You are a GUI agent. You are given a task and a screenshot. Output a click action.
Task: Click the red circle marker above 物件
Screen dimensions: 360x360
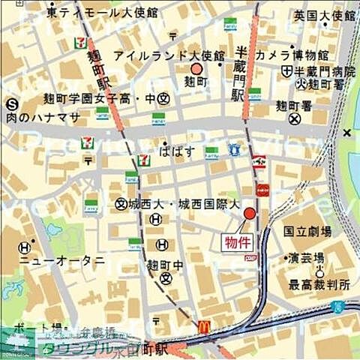249,215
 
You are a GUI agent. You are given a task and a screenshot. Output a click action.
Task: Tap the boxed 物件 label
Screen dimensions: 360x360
235,241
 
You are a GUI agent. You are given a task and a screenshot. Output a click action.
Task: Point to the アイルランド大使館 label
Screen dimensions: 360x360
168,56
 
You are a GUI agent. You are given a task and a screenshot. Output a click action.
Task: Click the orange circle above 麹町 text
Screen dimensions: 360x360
196,69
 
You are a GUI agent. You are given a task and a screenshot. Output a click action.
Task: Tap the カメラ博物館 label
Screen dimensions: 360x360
292,55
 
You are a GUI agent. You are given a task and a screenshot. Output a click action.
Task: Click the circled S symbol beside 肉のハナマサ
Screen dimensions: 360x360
11,105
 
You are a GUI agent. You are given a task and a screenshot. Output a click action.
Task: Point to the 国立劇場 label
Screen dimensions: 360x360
309,233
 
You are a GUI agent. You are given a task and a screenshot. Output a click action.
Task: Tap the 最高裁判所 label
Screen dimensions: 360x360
319,285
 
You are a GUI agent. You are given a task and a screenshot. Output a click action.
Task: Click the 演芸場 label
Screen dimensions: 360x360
308,257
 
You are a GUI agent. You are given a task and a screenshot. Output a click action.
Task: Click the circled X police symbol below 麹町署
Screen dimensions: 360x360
295,118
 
